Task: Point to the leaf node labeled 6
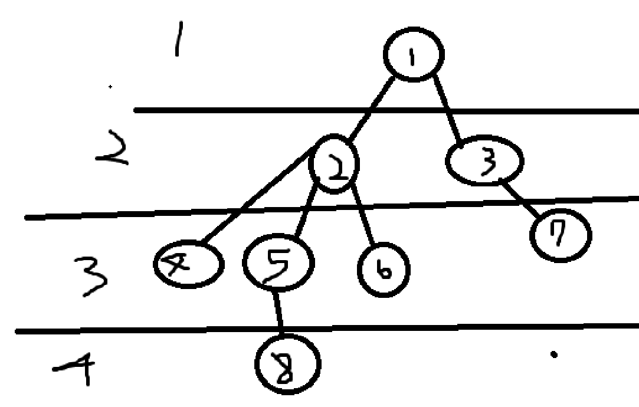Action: pos(383,270)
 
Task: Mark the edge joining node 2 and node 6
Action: pos(363,215)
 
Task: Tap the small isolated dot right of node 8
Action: pos(553,355)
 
